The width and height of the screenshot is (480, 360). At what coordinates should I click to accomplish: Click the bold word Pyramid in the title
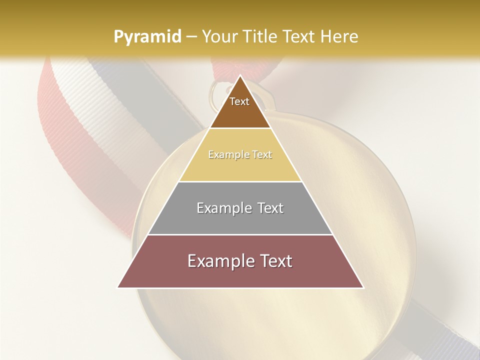pos(147,37)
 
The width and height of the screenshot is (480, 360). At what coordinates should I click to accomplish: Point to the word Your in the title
pos(219,36)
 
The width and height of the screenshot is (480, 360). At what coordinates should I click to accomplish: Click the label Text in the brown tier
pos(239,101)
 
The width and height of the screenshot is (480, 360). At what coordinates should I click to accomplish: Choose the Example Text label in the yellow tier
pos(240,154)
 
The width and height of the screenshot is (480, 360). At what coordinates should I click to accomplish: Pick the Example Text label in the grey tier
pos(240,208)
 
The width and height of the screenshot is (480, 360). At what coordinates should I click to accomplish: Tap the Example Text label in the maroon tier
pos(240,261)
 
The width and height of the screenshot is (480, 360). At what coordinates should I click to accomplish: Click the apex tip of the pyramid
pos(240,76)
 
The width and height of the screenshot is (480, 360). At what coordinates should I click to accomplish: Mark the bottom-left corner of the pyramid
pos(118,287)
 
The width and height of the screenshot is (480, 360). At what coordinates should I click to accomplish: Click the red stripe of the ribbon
pos(55,125)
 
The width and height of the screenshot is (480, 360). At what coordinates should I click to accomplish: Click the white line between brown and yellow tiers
pos(240,128)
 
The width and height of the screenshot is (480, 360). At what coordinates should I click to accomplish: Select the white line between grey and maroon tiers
pos(240,234)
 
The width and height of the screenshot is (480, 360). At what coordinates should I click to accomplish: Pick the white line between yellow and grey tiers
pos(240,181)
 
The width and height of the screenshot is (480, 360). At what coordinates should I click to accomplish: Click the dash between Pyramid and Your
pos(191,37)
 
